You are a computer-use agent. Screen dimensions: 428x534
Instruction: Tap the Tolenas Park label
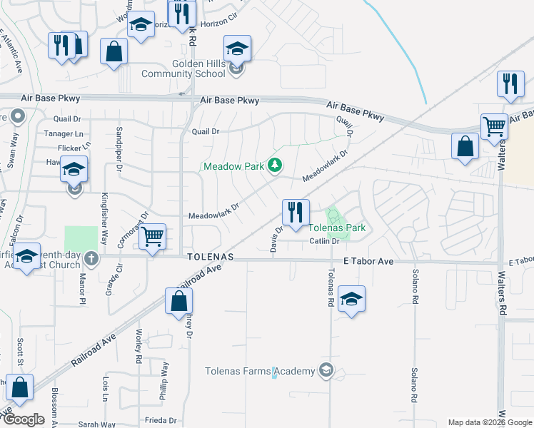click(x=337, y=228)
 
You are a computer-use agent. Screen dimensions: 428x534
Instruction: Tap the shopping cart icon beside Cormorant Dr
click(x=152, y=236)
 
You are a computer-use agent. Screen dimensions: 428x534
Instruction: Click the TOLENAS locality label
click(x=210, y=256)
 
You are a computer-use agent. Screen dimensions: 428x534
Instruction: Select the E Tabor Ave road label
click(x=368, y=262)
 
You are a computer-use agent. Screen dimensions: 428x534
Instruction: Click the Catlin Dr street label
click(x=322, y=241)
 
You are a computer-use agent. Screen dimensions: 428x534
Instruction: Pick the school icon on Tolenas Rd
click(x=351, y=299)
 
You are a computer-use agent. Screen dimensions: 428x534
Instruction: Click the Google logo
click(x=24, y=419)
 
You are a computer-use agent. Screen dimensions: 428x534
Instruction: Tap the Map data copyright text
click(x=489, y=422)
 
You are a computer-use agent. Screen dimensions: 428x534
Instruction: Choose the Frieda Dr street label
click(x=161, y=421)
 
